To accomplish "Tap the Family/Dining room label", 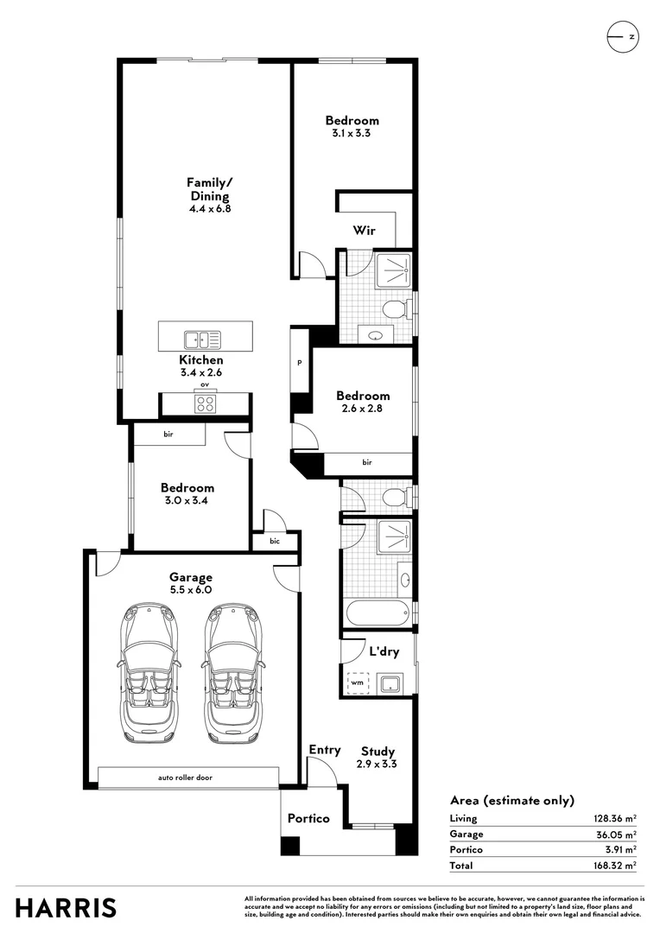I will [x=210, y=189].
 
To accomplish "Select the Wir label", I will [x=363, y=231].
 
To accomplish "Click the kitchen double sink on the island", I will [x=201, y=338].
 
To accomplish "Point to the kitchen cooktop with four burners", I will [x=206, y=403].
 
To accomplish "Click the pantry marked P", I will [x=300, y=363].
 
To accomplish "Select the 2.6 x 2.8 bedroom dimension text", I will [x=363, y=409].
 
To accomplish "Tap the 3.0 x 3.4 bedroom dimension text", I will [x=187, y=500].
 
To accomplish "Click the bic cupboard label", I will [x=275, y=542].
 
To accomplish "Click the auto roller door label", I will [x=185, y=777].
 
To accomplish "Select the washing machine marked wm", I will [x=358, y=683].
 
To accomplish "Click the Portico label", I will [x=308, y=818].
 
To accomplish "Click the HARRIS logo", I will [x=66, y=908].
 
